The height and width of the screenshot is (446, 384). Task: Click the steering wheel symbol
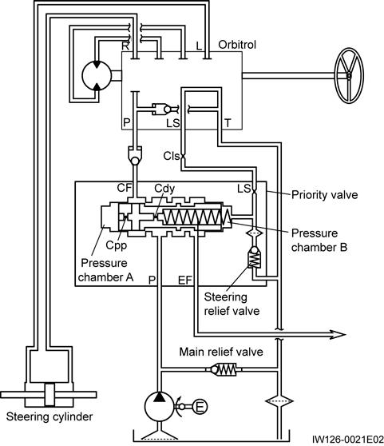coord(349,75)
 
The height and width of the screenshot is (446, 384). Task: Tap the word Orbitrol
coord(237,45)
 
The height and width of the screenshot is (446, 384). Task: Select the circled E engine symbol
coord(200,407)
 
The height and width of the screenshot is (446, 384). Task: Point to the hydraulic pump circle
coord(159,407)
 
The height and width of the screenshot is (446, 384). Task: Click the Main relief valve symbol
coord(224,369)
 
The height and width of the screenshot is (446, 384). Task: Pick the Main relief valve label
coord(221,352)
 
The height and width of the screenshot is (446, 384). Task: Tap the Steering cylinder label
coord(49,416)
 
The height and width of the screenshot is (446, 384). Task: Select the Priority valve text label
coord(325,195)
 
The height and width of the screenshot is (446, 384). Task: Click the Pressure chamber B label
coord(319,240)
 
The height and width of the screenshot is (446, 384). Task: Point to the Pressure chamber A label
coord(105,270)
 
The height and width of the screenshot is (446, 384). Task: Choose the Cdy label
coord(164,189)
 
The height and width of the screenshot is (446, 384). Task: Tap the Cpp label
coord(117,245)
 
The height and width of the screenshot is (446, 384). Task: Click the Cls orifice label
coord(172,156)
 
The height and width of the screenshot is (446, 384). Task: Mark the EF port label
coord(185,281)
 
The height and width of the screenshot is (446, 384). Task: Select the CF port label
coord(125,188)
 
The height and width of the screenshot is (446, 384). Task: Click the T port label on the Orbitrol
coord(228,123)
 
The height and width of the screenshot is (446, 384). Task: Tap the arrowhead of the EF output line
coord(338,334)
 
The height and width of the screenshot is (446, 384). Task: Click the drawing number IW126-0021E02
coord(347,440)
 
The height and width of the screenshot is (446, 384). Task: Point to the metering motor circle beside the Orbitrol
coord(97,76)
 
